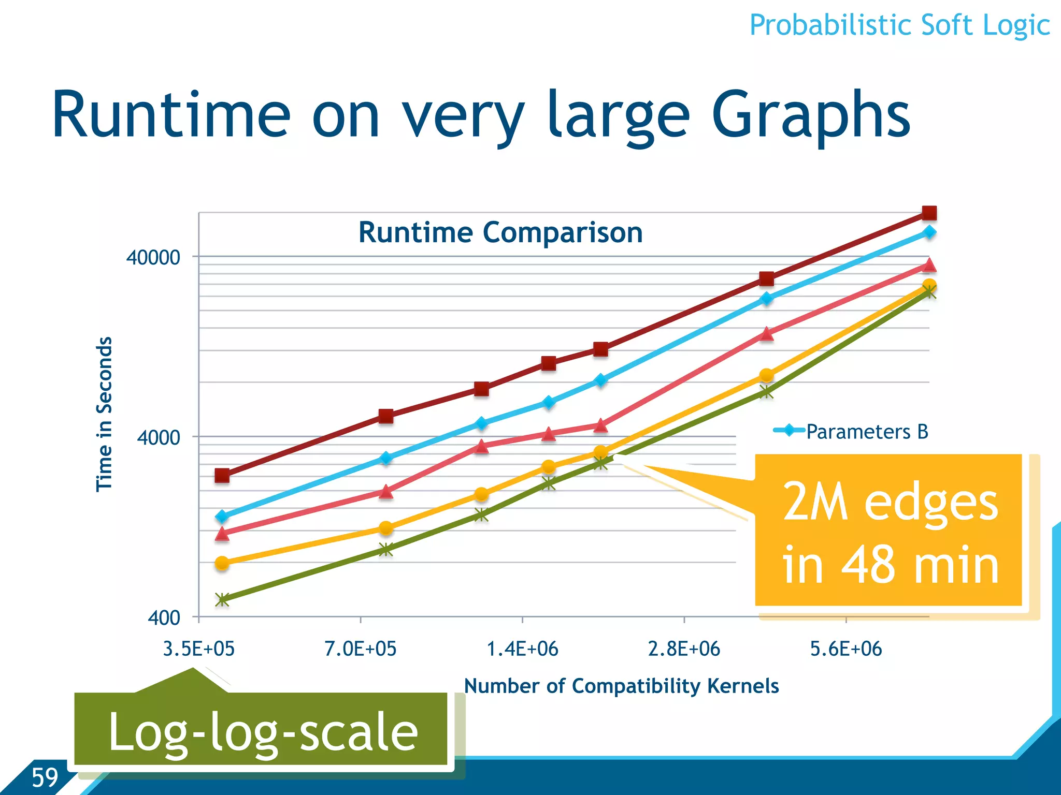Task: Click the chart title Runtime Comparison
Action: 500,232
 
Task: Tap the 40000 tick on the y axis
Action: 153,257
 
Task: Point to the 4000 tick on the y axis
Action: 159,438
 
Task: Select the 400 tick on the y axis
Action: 164,618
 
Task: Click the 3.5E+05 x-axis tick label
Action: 199,649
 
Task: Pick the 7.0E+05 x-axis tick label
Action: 361,649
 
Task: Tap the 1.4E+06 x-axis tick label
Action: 522,649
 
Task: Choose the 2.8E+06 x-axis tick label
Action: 684,649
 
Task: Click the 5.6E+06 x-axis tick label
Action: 845,649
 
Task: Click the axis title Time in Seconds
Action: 105,414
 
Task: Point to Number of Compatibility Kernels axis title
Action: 621,686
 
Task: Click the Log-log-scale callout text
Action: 263,732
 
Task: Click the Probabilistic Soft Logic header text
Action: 899,25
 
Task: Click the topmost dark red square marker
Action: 929,213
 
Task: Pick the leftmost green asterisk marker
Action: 222,600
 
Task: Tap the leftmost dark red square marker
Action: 222,475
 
